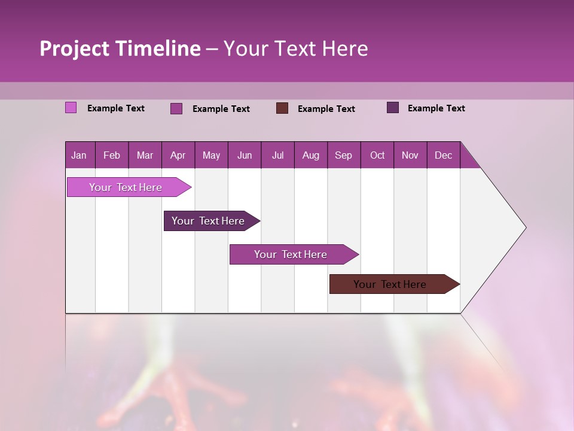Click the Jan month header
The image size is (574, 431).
(80, 156)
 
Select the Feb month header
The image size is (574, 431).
(112, 156)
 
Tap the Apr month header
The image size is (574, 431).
(178, 156)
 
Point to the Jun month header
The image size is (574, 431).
(245, 156)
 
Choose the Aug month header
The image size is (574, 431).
(311, 156)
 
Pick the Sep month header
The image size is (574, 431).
(344, 156)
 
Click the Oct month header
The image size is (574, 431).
(377, 156)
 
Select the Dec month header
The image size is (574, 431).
(444, 156)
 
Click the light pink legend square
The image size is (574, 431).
(71, 108)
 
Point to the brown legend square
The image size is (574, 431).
(282, 108)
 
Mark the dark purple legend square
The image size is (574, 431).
(393, 108)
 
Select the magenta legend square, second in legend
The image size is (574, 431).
(176, 108)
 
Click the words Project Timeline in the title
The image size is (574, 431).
(120, 48)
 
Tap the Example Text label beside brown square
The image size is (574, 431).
(326, 109)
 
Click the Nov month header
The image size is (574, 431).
(410, 156)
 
